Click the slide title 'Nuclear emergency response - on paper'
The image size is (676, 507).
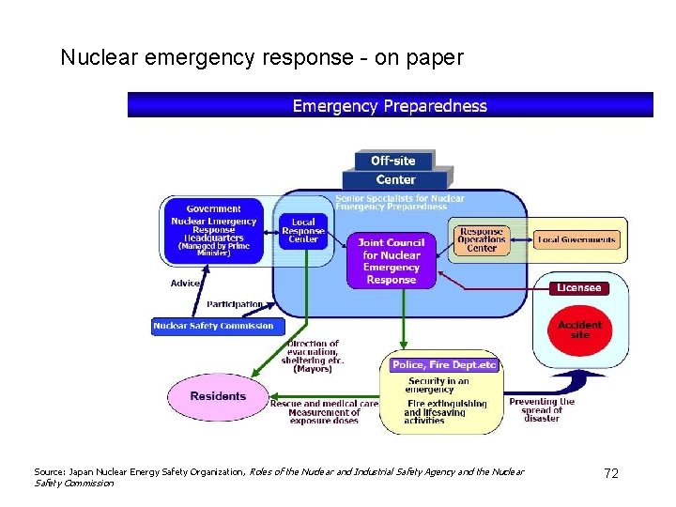click(262, 57)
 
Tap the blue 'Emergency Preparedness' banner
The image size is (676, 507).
click(390, 105)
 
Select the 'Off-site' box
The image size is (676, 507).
click(392, 161)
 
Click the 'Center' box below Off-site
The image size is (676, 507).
click(395, 179)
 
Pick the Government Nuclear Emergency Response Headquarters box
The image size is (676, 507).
click(214, 230)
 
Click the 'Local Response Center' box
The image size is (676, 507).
click(303, 231)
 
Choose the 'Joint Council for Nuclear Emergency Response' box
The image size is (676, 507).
click(392, 261)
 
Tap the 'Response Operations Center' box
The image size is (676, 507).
click(482, 240)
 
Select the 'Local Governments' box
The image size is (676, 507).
click(576, 240)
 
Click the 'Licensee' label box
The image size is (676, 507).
click(578, 288)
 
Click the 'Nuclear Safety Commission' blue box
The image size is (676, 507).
click(213, 326)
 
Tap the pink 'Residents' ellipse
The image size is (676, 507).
click(218, 396)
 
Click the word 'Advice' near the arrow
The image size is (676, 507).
click(185, 283)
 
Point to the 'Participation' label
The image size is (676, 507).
click(235, 304)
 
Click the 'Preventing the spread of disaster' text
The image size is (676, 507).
click(542, 409)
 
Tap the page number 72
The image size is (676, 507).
click(611, 473)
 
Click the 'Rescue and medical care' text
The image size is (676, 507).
click(324, 403)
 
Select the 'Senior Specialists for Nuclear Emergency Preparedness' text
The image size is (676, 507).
click(400, 203)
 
